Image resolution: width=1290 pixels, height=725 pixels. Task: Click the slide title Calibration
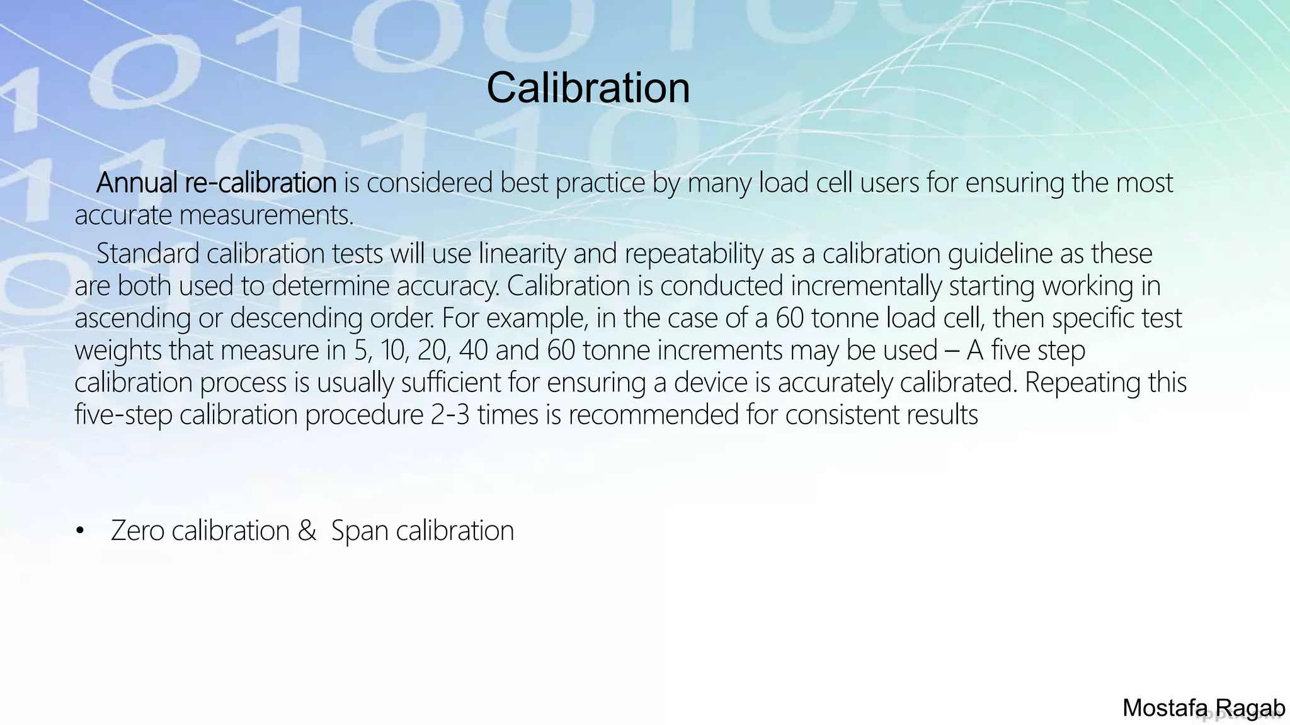pyautogui.click(x=588, y=87)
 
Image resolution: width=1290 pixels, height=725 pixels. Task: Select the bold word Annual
pyautogui.click(x=137, y=183)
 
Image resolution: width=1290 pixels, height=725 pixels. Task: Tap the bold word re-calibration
pyautogui.click(x=261, y=183)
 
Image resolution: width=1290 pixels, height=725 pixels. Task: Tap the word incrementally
pyautogui.click(x=866, y=286)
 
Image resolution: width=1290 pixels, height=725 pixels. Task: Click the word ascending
pyautogui.click(x=132, y=318)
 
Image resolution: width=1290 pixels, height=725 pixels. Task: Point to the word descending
pyautogui.click(x=296, y=318)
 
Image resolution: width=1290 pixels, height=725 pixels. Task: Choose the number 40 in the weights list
pyautogui.click(x=473, y=351)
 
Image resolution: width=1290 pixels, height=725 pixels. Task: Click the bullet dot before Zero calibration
pyautogui.click(x=79, y=531)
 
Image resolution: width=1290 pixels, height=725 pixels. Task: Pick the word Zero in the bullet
pyautogui.click(x=137, y=531)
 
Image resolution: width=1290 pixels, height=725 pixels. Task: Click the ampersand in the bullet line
pyautogui.click(x=307, y=531)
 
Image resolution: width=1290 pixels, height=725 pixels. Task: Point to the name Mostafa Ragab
pyautogui.click(x=1203, y=709)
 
